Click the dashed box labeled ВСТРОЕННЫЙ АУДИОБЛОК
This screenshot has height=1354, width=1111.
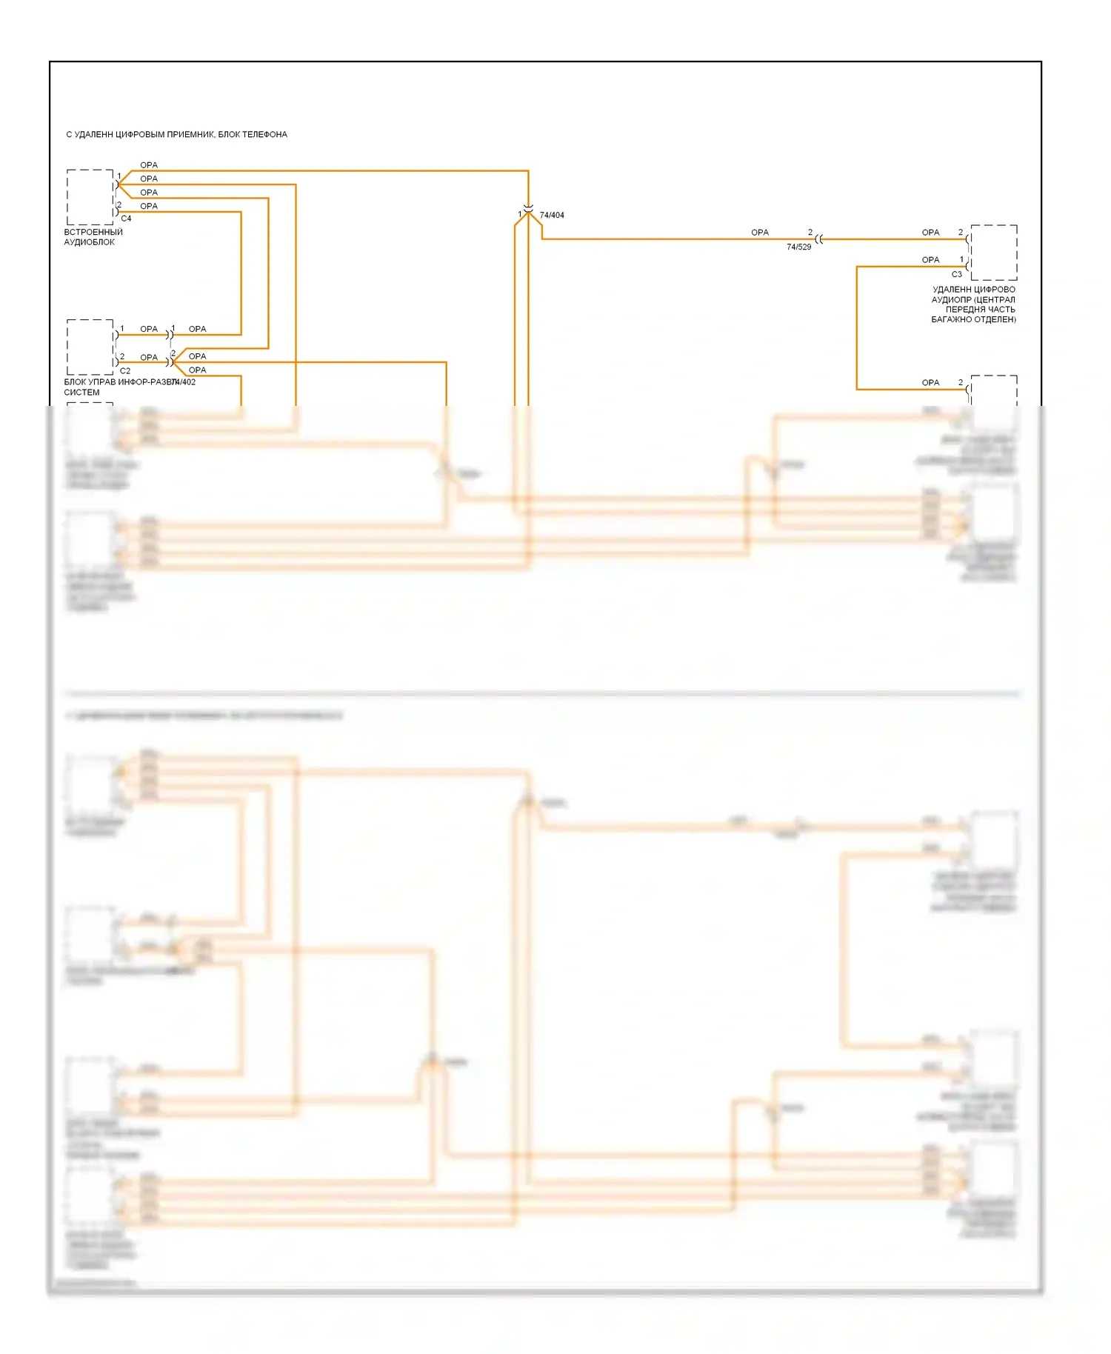point(90,197)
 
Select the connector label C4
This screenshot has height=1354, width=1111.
point(126,219)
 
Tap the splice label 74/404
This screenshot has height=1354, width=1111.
point(552,216)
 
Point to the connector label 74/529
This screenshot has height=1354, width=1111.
point(798,247)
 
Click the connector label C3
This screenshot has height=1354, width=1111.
point(956,274)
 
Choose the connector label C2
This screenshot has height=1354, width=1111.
point(125,371)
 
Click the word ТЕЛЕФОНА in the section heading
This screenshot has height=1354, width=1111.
point(264,135)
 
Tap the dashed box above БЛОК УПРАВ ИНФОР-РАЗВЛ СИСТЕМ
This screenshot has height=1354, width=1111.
point(90,347)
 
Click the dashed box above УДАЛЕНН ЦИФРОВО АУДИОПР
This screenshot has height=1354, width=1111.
point(993,253)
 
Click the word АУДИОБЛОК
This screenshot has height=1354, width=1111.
point(89,242)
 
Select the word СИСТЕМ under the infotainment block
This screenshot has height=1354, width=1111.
point(81,393)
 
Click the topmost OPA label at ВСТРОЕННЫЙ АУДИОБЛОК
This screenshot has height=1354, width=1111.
point(149,165)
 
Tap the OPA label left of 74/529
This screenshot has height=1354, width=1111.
point(760,233)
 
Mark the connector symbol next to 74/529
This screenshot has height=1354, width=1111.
point(818,239)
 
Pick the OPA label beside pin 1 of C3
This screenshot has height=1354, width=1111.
point(930,260)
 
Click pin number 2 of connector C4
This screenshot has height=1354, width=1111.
point(119,205)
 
